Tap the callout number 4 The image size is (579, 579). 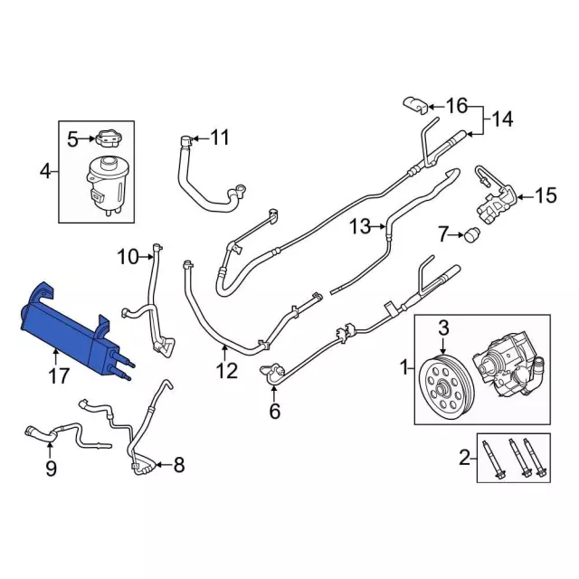(45, 169)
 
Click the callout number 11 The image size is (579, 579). (220, 138)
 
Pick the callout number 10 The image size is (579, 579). (128, 257)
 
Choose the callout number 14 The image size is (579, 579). (502, 118)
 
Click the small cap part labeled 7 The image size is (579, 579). (470, 237)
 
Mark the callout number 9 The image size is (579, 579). (51, 468)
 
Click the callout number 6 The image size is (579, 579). (275, 412)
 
